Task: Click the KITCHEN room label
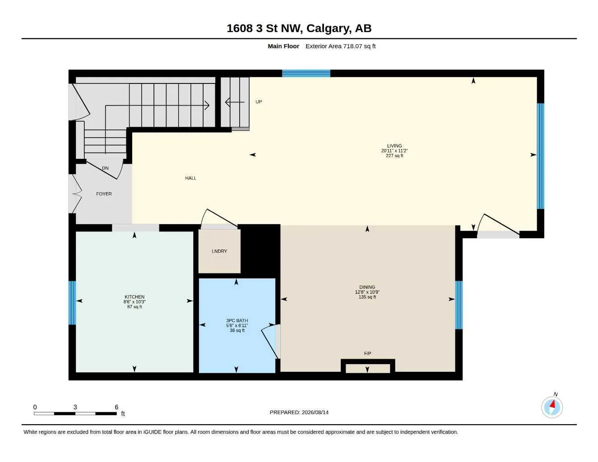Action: click(134, 297)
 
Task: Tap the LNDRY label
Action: click(219, 251)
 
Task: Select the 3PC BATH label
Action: click(237, 320)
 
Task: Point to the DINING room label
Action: click(367, 287)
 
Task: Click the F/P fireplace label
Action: click(367, 353)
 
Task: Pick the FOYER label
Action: click(104, 194)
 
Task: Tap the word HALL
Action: click(190, 178)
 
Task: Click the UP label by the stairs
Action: click(259, 102)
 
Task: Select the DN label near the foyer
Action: click(105, 168)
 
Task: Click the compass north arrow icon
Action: click(552, 407)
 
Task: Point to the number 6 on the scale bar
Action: click(116, 407)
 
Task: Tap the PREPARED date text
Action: click(299, 412)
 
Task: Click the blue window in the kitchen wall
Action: click(72, 303)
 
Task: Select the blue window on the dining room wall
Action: click(459, 305)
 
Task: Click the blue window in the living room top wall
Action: click(306, 74)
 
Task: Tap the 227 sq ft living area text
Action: click(394, 156)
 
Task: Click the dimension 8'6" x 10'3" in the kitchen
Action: click(134, 302)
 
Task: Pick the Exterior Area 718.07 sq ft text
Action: click(340, 46)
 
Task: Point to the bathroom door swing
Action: click(269, 341)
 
